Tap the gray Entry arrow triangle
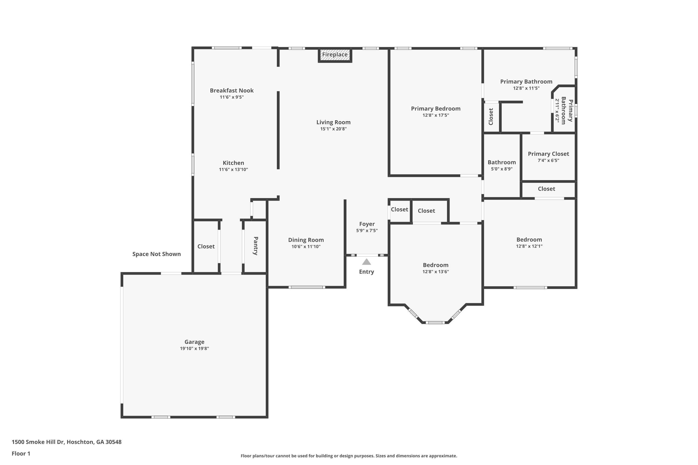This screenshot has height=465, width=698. [366, 262]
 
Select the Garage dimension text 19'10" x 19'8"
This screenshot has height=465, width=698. [194, 349]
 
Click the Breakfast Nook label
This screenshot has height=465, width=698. [232, 90]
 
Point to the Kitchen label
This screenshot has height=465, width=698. [234, 163]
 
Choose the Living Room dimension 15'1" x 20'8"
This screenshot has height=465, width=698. [334, 129]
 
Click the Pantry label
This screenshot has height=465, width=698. [255, 246]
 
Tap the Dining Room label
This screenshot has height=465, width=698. [306, 240]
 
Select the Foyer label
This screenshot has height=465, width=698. [367, 224]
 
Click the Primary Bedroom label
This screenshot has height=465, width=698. [436, 109]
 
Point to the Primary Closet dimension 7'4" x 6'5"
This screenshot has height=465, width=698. [548, 160]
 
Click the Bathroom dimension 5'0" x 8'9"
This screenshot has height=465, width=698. [502, 169]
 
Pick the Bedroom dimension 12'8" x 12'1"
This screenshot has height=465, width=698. [529, 246]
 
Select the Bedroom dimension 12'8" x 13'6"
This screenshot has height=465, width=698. [436, 272]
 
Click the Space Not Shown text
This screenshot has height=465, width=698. [156, 254]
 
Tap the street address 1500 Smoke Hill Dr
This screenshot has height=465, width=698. [38, 442]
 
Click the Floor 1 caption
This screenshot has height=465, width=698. [21, 453]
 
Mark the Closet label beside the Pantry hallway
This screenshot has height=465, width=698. [206, 246]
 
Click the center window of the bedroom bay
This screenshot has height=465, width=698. [435, 322]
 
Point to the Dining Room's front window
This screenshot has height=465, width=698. [307, 287]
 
